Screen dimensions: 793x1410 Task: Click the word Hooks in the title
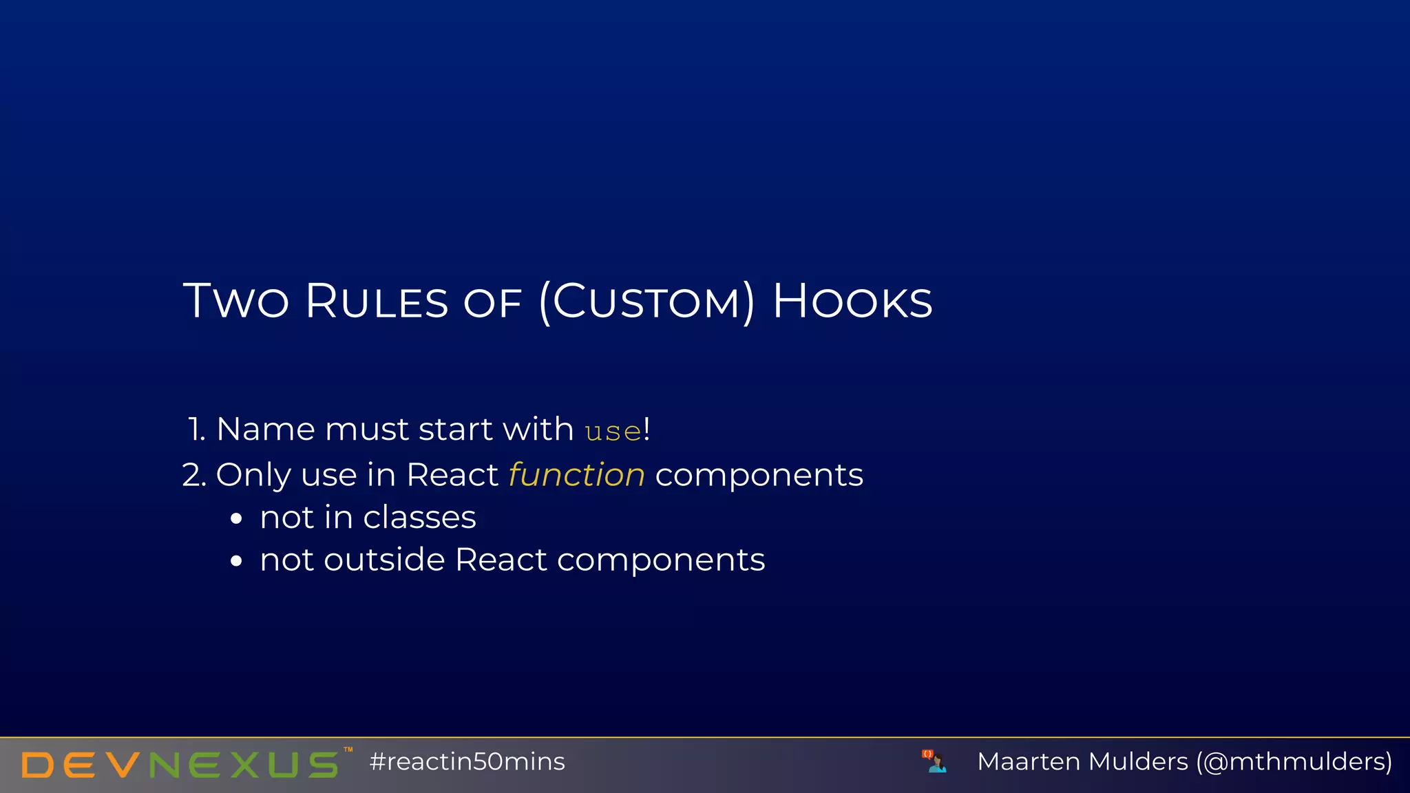[x=852, y=302]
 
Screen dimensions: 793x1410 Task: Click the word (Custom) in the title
[x=646, y=302]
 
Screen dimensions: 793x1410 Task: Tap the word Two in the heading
[x=235, y=302]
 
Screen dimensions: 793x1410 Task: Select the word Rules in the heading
[x=377, y=302]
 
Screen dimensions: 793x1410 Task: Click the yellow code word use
[x=613, y=432]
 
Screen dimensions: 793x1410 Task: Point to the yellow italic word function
[x=576, y=475]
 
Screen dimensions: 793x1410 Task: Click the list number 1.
[x=196, y=430]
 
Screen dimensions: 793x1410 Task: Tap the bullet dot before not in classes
[x=236, y=518]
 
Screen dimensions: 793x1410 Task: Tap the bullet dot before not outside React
[x=236, y=561]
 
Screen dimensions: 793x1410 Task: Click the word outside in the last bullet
[x=384, y=560]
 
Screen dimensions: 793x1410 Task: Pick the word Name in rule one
[x=265, y=430]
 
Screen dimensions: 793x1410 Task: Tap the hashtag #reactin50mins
[x=467, y=762]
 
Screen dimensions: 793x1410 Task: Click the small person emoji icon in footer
[x=934, y=761]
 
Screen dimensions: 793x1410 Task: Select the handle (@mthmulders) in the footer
[x=1294, y=762]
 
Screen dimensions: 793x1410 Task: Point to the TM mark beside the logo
[x=348, y=750]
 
